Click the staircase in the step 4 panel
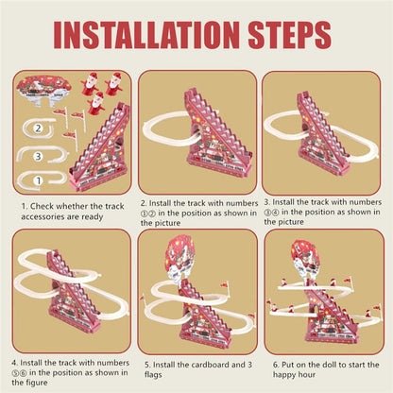[76, 293]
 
